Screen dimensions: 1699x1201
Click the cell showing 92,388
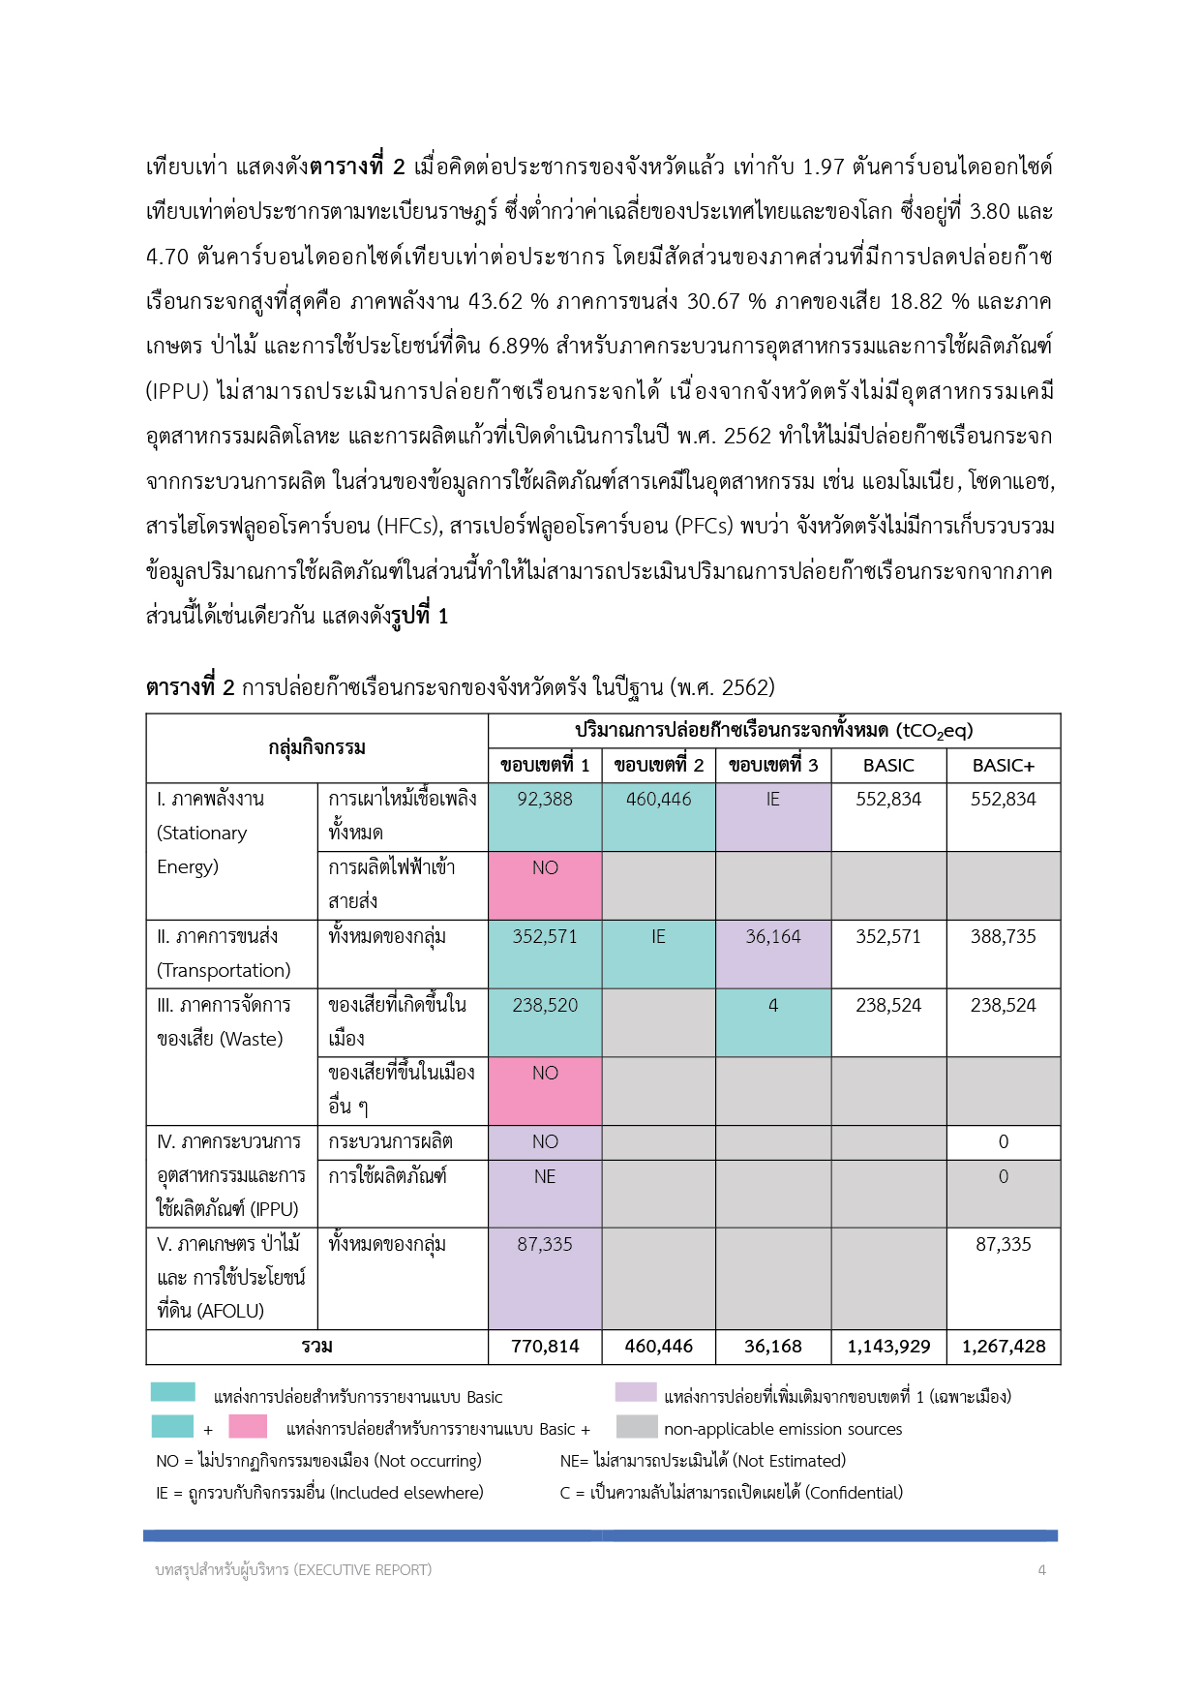[545, 800]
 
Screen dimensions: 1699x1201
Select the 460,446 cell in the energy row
[658, 800]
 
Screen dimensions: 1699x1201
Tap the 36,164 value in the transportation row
[772, 937]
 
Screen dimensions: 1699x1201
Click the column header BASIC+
[1003, 766]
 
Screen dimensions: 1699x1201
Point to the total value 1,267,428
[1003, 1347]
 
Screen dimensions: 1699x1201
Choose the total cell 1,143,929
[888, 1347]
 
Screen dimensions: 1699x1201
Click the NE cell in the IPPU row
[545, 1177]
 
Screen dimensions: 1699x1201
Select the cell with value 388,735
[1003, 937]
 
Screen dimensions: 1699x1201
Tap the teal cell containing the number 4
[772, 1006]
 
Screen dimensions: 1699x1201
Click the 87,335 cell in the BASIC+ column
[1003, 1245]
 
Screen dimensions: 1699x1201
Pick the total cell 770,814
[545, 1347]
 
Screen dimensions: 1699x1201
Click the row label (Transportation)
[224, 971]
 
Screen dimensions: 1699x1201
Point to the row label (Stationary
[202, 834]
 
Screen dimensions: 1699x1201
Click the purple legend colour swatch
[636, 1393]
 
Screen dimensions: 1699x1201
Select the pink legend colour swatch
[248, 1427]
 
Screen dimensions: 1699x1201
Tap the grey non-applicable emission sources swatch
[636, 1427]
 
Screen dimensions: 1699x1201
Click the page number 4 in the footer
[1041, 1570]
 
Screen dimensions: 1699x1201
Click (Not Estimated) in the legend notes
[790, 1461]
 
